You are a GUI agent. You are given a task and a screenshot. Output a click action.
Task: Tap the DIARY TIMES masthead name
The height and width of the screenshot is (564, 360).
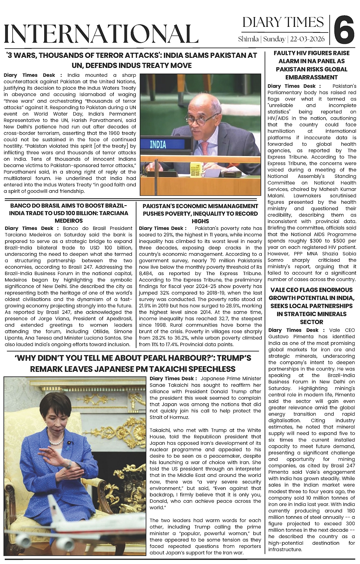pos(283,22)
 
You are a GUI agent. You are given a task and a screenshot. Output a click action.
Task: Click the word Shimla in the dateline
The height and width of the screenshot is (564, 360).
pos(248,39)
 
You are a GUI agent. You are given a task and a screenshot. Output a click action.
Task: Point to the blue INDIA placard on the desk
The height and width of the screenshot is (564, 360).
pos(158,145)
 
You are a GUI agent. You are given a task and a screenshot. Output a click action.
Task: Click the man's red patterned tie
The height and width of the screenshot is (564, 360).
pos(206,151)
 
